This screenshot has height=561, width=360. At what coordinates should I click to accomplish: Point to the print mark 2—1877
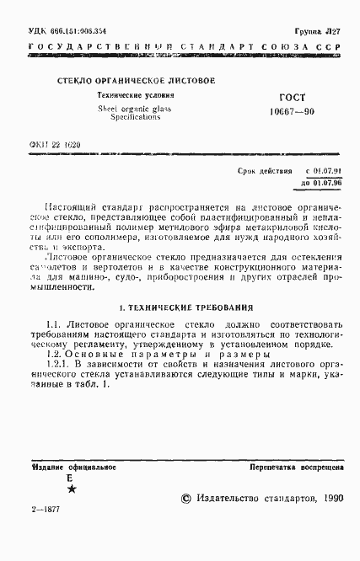pos(43,535)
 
